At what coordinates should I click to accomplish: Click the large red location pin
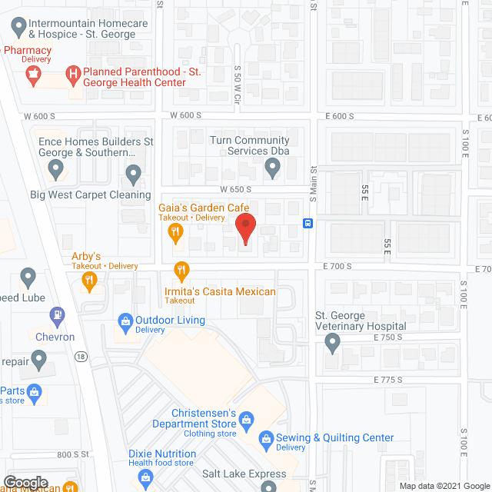(x=244, y=229)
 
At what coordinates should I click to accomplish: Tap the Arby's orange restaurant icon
(x=90, y=284)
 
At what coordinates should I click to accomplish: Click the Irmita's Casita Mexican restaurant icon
(x=182, y=271)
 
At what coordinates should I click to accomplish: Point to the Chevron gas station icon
(x=56, y=315)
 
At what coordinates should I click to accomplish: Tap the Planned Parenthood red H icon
(x=72, y=75)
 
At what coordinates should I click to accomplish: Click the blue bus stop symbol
(x=307, y=224)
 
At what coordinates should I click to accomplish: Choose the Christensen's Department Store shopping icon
(x=246, y=420)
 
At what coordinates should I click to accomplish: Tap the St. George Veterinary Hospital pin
(x=332, y=344)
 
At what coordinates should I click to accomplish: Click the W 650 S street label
(x=235, y=189)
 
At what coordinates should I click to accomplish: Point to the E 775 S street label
(x=388, y=380)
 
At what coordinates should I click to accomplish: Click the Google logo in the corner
(x=26, y=482)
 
